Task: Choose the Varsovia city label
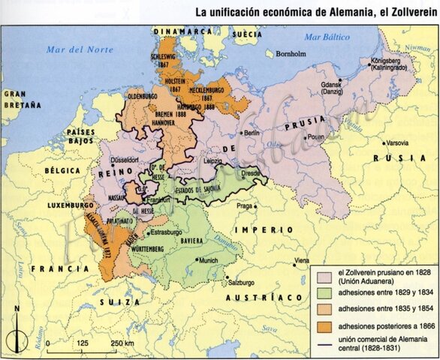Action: coord(398,142)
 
